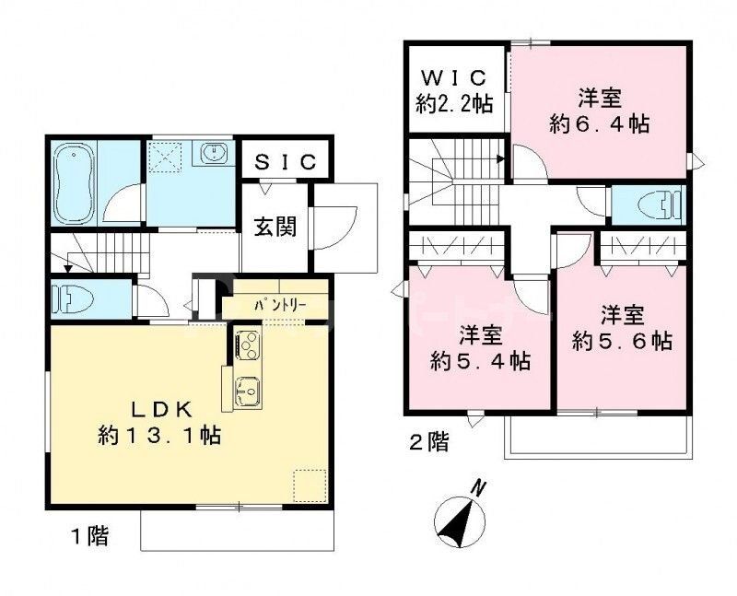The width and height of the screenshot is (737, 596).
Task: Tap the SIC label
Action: pos(285,162)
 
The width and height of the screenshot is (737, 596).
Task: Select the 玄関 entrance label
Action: pos(276,226)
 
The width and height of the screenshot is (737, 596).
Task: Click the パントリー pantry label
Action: pos(275,302)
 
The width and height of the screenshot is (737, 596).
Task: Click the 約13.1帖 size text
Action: pos(159,434)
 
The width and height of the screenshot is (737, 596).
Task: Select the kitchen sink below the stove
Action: pos(247,392)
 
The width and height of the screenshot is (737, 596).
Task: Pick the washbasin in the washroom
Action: pos(215,154)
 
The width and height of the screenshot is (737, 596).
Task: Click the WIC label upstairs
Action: pos(455,77)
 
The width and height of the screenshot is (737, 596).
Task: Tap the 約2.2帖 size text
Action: pos(455,103)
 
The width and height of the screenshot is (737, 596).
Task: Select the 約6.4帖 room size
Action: pos(599,123)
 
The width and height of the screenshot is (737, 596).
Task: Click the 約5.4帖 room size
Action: pos(482,361)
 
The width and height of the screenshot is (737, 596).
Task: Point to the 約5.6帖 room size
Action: pos(623,339)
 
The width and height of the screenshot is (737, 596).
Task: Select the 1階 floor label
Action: pos(88,535)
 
